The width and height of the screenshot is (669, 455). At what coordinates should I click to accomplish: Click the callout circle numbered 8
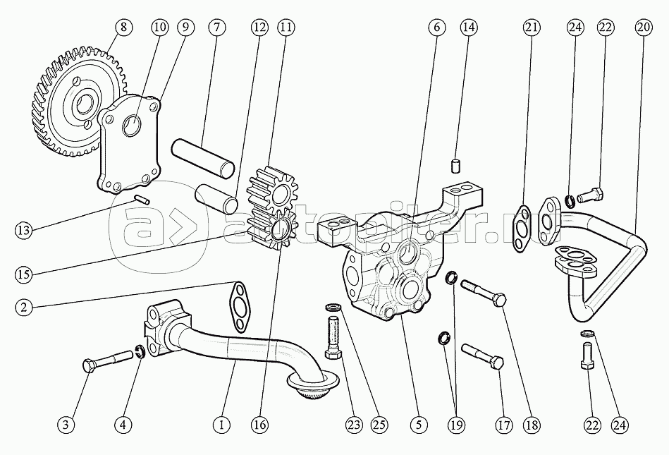pyautogui.click(x=124, y=28)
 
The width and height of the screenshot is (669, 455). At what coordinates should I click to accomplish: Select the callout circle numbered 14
pyautogui.click(x=468, y=28)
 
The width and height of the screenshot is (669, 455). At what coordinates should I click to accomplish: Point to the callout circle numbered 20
pyautogui.click(x=642, y=28)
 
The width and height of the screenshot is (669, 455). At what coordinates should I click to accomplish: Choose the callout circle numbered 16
pyautogui.click(x=259, y=425)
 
